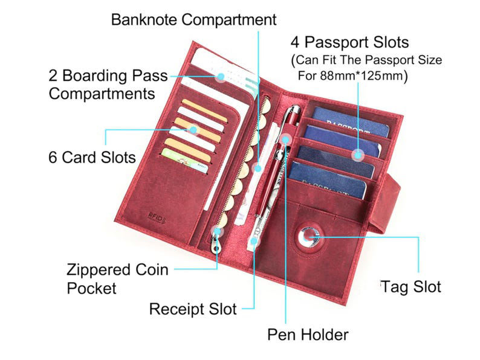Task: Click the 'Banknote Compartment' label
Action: (x=193, y=19)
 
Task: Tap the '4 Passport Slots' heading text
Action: (x=349, y=43)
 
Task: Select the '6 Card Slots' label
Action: (x=92, y=157)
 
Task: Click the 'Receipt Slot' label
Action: (x=193, y=309)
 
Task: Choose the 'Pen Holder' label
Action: (x=308, y=334)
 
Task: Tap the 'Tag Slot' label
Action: (x=411, y=286)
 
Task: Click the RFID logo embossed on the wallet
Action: (x=156, y=216)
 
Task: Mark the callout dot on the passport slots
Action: (x=358, y=155)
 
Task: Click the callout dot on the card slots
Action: (x=193, y=129)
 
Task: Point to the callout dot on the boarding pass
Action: (x=220, y=77)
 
